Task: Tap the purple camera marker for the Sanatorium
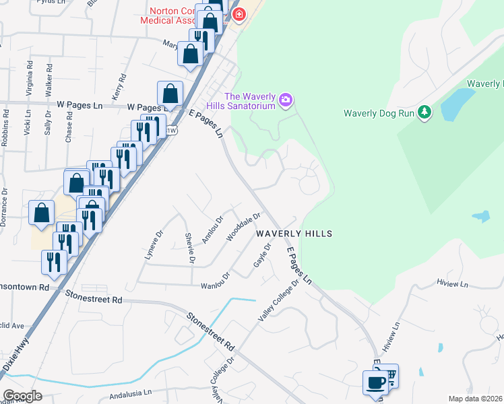[x=286, y=100]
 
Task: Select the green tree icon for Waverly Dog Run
[x=424, y=112]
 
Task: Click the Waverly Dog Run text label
[x=378, y=113]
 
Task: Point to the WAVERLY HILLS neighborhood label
[x=293, y=233]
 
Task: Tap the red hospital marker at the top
[x=238, y=14]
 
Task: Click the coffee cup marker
[x=375, y=382]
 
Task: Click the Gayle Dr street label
[x=262, y=255]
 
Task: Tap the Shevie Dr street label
[x=190, y=247]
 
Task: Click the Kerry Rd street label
[x=119, y=86]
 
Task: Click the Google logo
[x=22, y=396]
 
